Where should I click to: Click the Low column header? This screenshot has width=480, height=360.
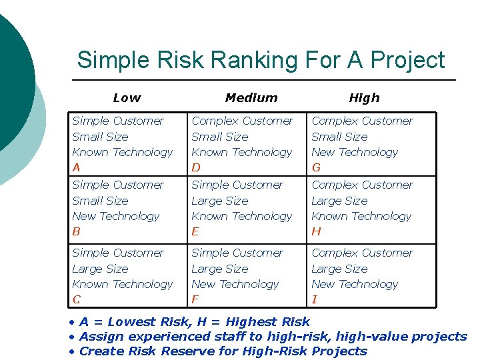(x=127, y=98)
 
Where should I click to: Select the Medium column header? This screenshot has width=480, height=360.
(x=251, y=98)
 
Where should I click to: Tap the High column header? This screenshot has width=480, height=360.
(x=364, y=98)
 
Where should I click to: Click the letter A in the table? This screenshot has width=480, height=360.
(x=76, y=168)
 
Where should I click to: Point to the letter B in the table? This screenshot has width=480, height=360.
(x=76, y=232)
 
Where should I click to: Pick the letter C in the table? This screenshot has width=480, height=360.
(x=76, y=300)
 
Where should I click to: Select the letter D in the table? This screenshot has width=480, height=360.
(x=196, y=168)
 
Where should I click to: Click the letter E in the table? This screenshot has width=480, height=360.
(x=195, y=232)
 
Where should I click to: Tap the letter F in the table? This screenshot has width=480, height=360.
(x=195, y=300)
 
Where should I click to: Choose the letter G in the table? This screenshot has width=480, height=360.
(x=316, y=168)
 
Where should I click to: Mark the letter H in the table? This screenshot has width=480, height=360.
(x=316, y=232)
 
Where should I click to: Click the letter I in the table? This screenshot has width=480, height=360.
(x=314, y=300)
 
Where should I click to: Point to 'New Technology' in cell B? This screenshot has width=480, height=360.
(x=116, y=216)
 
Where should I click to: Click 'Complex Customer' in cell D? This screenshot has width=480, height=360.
(x=242, y=121)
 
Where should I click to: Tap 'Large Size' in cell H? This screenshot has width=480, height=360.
(x=339, y=201)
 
